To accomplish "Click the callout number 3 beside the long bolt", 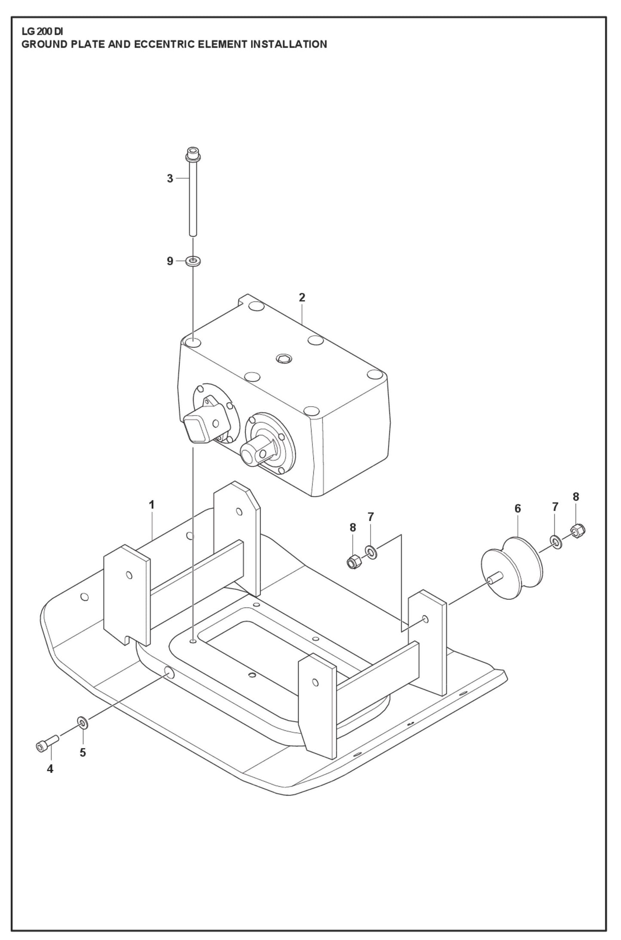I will tap(170, 179).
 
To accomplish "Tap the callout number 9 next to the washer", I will tap(170, 261).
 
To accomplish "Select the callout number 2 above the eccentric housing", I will tap(302, 297).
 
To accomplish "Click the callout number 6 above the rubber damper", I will tap(517, 508).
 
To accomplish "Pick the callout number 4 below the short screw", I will tap(50, 769).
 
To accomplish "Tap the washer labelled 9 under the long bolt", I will tap(193, 261).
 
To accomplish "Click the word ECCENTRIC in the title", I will tap(165, 44).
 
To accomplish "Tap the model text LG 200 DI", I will tap(42, 32).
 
